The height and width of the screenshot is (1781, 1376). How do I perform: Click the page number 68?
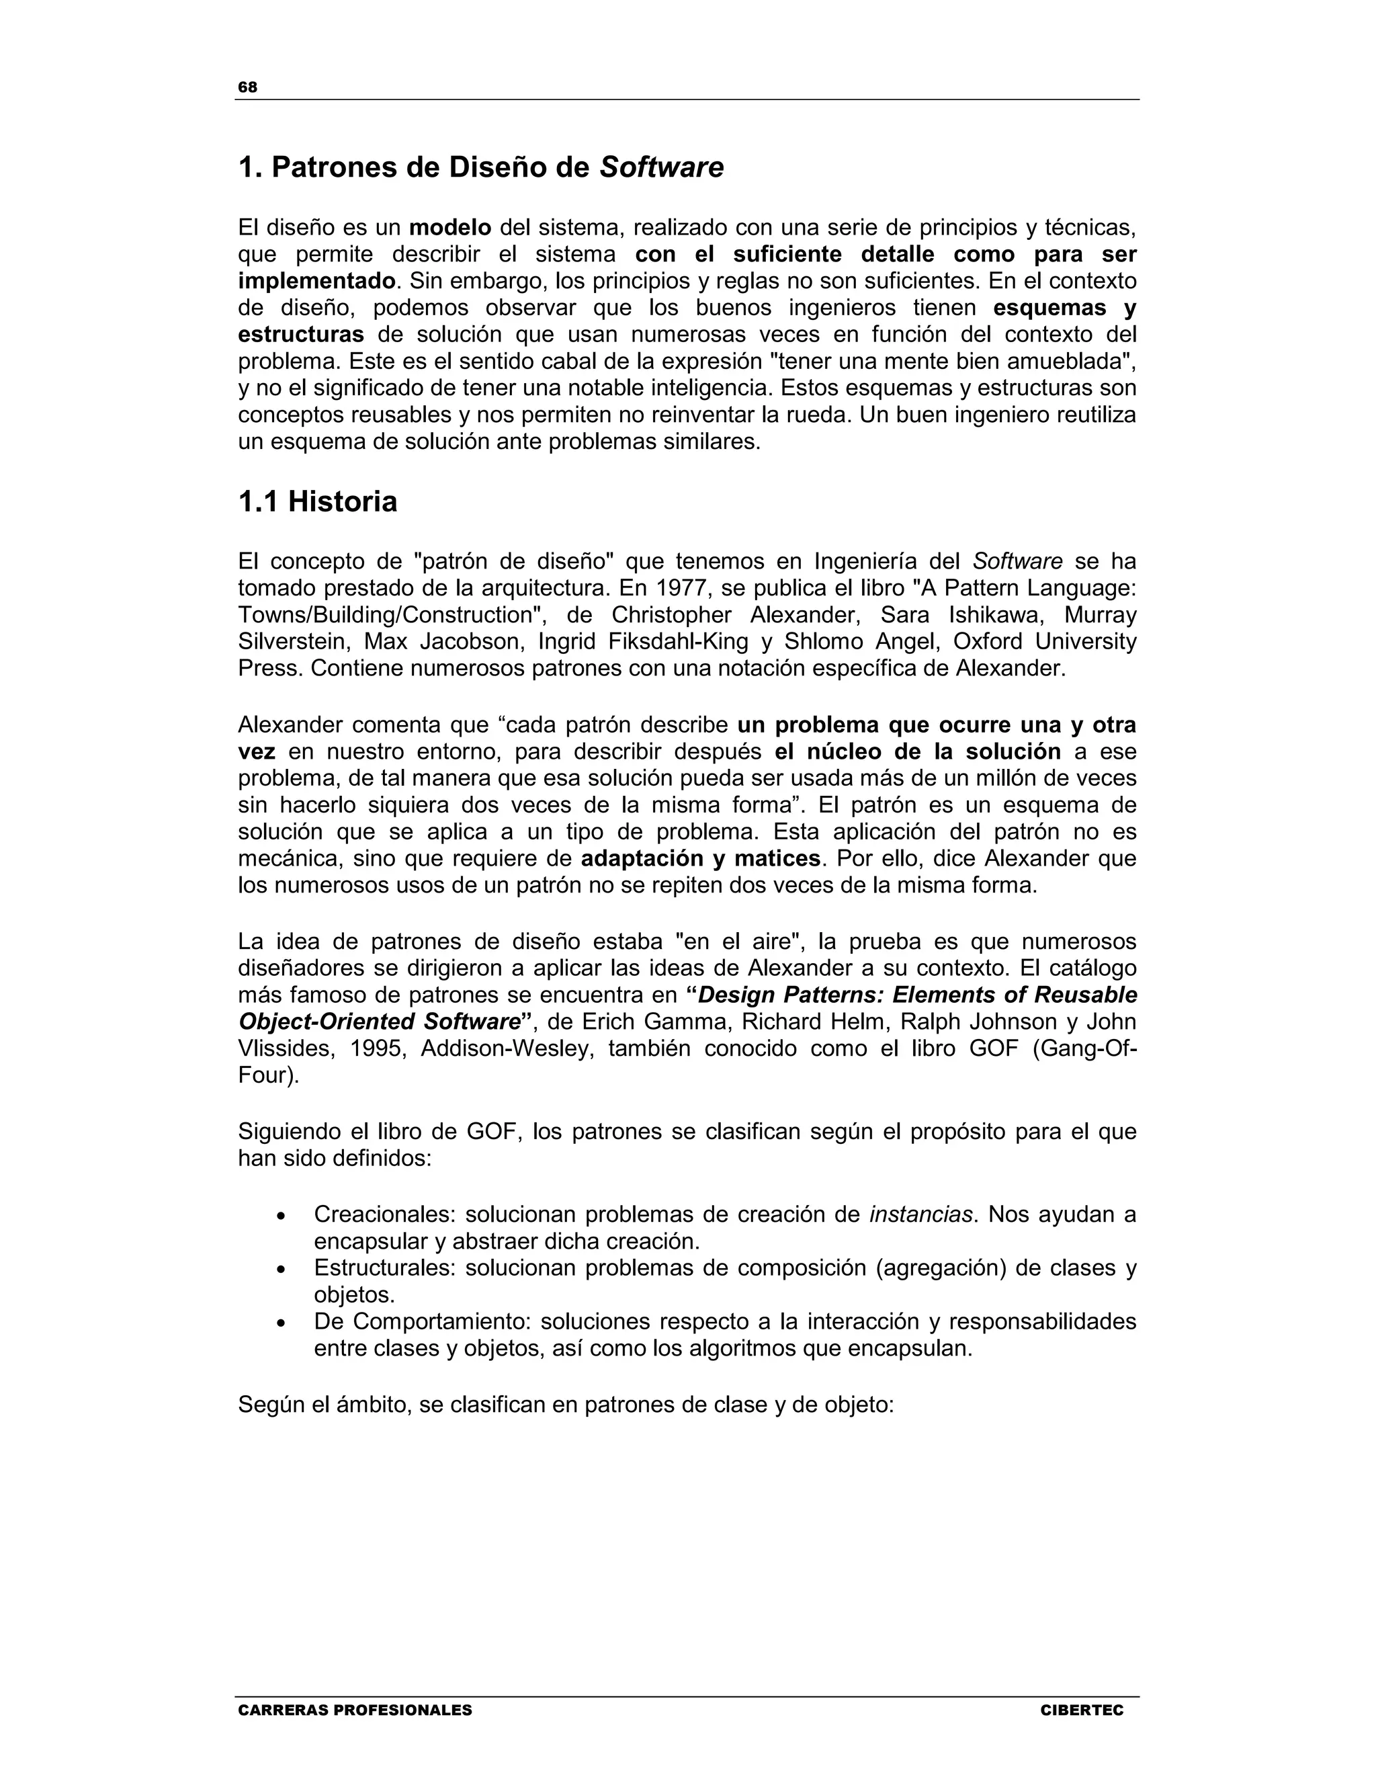tap(248, 87)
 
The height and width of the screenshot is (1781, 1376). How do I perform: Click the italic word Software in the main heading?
tap(661, 167)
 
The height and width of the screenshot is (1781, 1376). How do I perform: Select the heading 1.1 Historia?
tap(318, 501)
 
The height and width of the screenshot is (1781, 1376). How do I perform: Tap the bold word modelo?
tap(450, 228)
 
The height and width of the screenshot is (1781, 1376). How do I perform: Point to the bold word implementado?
tap(316, 282)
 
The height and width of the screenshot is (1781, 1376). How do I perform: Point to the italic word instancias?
tap(920, 1214)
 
